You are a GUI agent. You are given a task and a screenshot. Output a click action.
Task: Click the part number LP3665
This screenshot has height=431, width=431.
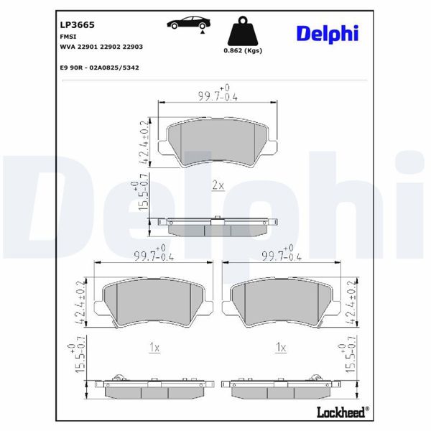coord(73,23)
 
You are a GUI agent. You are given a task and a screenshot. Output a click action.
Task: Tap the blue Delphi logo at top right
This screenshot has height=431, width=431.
coord(327,33)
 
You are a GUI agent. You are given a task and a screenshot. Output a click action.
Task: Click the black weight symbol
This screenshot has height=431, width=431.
coord(242,32)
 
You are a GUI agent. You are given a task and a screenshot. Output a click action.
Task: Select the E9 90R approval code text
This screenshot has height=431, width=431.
coord(100,67)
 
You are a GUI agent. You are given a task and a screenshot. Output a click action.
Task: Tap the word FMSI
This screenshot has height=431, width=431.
coord(68,34)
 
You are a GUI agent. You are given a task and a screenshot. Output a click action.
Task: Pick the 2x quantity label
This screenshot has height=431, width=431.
coord(218,185)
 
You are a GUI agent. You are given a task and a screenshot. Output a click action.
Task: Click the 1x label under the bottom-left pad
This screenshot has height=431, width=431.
coord(154,348)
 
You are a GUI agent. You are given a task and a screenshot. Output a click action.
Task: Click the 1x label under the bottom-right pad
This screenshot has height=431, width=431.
coord(281,348)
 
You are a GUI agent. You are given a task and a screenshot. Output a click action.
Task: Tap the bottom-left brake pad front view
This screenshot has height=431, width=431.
coord(154,302)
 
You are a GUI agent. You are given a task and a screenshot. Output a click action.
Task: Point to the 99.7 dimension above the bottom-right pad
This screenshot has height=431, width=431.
coord(281,254)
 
